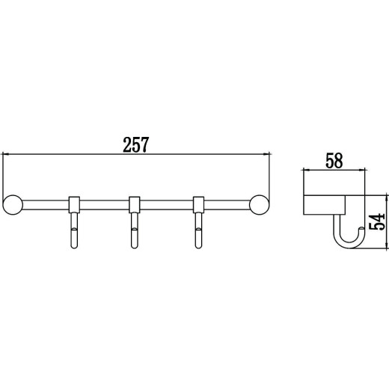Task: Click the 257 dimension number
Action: [136, 144]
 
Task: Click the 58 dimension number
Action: [334, 161]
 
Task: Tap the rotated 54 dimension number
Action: [377, 221]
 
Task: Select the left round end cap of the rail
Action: [13, 205]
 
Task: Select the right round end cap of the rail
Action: [259, 205]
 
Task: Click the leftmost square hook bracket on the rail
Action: [74, 205]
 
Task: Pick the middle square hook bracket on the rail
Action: [134, 205]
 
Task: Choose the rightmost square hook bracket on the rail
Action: [198, 205]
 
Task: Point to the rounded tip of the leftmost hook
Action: [74, 246]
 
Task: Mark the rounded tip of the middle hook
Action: [134, 246]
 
